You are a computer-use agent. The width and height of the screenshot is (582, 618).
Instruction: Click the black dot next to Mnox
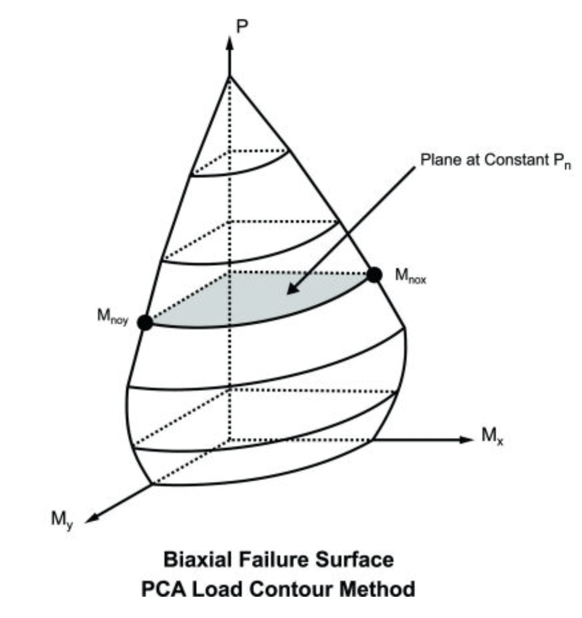374,275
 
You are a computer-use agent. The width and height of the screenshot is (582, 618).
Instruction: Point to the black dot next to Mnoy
145,322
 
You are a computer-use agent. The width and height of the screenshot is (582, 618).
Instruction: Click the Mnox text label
410,276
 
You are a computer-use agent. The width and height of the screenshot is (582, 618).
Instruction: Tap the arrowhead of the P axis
230,43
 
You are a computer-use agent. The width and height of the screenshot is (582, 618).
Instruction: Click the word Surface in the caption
355,559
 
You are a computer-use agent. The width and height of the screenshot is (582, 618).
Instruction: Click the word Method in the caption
377,589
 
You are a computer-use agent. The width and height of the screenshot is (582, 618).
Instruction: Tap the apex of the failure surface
230,77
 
